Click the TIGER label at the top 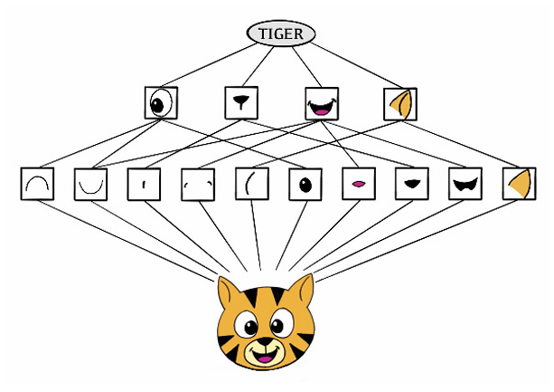(x=281, y=34)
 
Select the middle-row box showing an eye (x=161, y=102)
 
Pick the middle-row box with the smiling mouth (x=321, y=103)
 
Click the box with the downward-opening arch (x=37, y=184)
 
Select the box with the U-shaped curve (x=89, y=184)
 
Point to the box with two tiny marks (x=197, y=184)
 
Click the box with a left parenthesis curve (x=251, y=184)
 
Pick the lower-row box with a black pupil (x=305, y=184)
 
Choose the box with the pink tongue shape (x=358, y=184)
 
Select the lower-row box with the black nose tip (x=412, y=184)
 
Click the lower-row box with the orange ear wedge (x=519, y=184)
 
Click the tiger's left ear (x=230, y=295)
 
